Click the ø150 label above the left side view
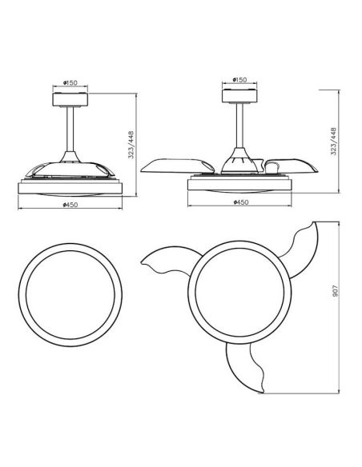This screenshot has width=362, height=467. tap(70, 82)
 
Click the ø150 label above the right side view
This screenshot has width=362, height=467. tap(239, 79)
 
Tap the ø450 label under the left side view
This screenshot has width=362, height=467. tap(70, 205)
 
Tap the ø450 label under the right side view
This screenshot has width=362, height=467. tap(240, 202)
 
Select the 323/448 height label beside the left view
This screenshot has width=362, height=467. tap(131, 145)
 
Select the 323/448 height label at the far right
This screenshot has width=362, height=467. tap(333, 142)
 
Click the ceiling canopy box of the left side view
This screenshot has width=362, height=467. tap(70, 99)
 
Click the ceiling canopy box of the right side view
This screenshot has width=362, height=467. tap(239, 96)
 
